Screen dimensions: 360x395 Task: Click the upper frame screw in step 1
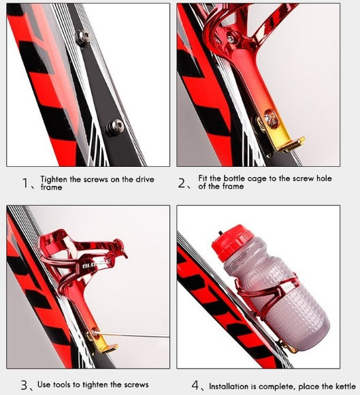[82, 38]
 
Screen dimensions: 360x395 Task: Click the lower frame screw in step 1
[114, 127]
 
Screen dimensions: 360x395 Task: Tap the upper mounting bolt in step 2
[231, 39]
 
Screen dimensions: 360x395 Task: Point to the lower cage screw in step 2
[271, 119]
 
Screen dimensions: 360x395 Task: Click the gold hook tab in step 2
[291, 144]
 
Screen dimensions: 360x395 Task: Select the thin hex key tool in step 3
[131, 335]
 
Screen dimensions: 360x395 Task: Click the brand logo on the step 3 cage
[96, 264]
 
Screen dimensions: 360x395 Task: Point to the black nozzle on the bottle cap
[220, 232]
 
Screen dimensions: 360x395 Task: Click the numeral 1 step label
[25, 183]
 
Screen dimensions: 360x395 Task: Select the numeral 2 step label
[182, 183]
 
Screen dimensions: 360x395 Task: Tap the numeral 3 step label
[24, 385]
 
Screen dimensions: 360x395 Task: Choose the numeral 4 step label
[195, 385]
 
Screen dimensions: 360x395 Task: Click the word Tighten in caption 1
[54, 179]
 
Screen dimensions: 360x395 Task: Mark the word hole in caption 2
[324, 178]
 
